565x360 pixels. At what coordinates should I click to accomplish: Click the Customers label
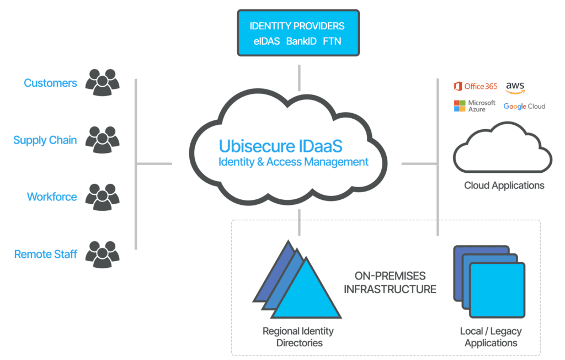pos(50,83)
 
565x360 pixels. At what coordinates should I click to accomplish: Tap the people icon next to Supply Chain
pos(102,140)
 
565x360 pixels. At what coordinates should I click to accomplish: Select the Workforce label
pos(52,197)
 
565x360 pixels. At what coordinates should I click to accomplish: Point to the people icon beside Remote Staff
pos(102,254)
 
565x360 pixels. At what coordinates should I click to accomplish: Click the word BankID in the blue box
pos(301,41)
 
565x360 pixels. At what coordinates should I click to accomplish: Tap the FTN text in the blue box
pos(332,41)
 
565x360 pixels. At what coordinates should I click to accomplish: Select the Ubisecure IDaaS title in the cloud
pos(281,146)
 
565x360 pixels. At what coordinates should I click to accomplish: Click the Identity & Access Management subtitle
pos(293,162)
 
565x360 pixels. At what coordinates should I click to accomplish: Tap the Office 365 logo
pos(475,86)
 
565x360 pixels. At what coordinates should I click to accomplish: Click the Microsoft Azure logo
pos(475,106)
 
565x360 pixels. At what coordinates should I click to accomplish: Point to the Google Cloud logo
pos(524,106)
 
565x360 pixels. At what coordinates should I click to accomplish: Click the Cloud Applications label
pos(504,186)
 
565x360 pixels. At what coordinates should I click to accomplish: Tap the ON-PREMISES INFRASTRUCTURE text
pos(390,282)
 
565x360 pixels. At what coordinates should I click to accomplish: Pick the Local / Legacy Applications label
pos(491,337)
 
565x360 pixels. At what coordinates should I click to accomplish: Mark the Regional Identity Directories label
pos(298,337)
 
